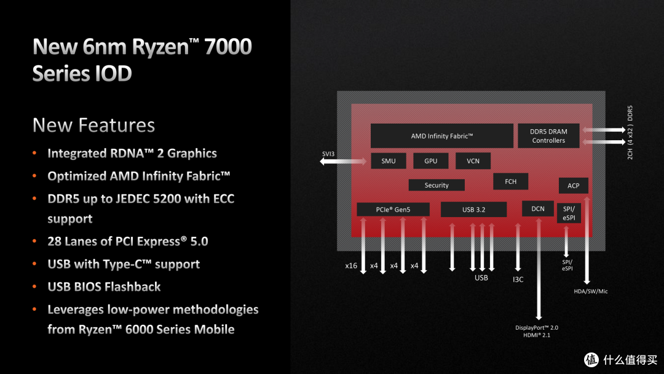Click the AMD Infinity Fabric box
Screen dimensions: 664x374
coord(441,136)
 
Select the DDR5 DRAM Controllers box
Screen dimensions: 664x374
coord(548,136)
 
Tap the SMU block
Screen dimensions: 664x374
coord(389,161)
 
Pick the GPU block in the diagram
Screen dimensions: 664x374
coord(430,161)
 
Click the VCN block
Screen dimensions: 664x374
coord(473,161)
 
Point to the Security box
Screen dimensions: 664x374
coord(437,185)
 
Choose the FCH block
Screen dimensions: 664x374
coord(510,181)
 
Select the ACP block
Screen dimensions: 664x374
coord(573,186)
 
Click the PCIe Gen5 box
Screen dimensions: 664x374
coord(393,210)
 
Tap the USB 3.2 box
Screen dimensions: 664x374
coord(473,210)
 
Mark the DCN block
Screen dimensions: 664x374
coord(537,209)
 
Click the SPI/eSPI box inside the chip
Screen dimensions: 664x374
coord(568,213)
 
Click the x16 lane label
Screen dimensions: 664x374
coord(351,266)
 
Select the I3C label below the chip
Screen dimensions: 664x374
coord(518,279)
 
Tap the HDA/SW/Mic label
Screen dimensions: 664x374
coord(590,291)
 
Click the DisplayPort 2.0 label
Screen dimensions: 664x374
coord(537,327)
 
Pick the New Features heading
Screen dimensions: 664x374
coord(93,125)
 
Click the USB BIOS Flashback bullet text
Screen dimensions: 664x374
coord(104,287)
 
